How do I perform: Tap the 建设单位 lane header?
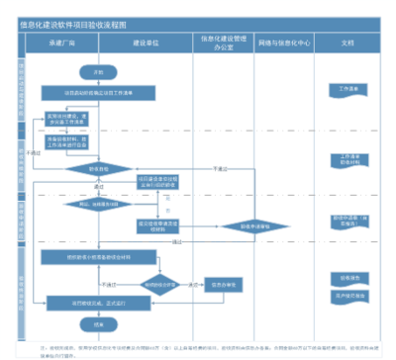(147, 45)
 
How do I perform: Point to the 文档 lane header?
(347, 45)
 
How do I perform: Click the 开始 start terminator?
(98, 73)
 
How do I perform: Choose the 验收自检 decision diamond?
(99, 168)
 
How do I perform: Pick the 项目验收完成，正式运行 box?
(99, 303)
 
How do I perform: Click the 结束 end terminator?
(98, 323)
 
